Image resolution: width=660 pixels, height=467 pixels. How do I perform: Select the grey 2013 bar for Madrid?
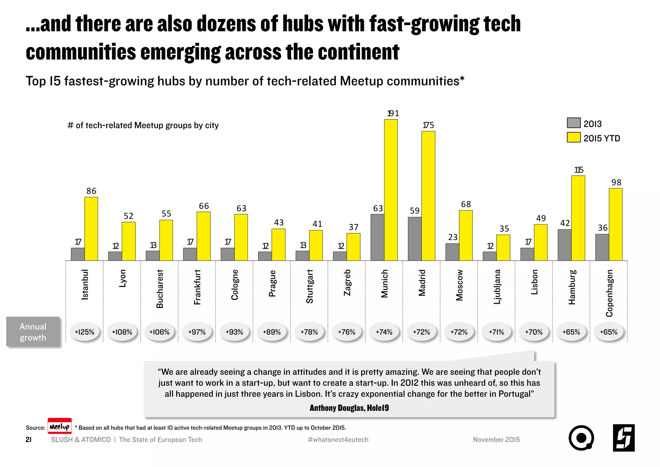[414, 239]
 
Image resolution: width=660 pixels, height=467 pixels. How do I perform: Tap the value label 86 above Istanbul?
[91, 191]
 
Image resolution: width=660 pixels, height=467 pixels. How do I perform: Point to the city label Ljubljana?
[497, 287]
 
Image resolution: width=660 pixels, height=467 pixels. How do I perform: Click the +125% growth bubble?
[84, 332]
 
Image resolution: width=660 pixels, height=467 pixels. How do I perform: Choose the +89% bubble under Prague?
[272, 332]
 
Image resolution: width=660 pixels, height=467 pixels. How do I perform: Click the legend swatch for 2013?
[573, 123]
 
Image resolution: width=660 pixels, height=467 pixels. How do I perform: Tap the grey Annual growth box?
[33, 332]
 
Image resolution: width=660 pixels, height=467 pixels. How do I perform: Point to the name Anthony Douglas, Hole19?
[349, 408]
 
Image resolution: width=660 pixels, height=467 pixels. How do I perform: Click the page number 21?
[28, 440]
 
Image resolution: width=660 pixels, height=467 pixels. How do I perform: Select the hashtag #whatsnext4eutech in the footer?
[338, 440]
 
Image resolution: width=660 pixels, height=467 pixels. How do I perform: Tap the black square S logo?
[624, 438]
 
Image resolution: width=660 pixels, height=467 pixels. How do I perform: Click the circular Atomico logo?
[581, 438]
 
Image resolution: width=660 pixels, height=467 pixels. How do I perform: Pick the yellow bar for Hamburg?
[578, 218]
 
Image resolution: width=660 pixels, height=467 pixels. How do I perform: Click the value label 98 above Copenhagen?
[616, 182]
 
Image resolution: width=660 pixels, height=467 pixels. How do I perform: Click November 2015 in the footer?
[496, 440]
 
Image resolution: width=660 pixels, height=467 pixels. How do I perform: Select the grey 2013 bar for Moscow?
[452, 252]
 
